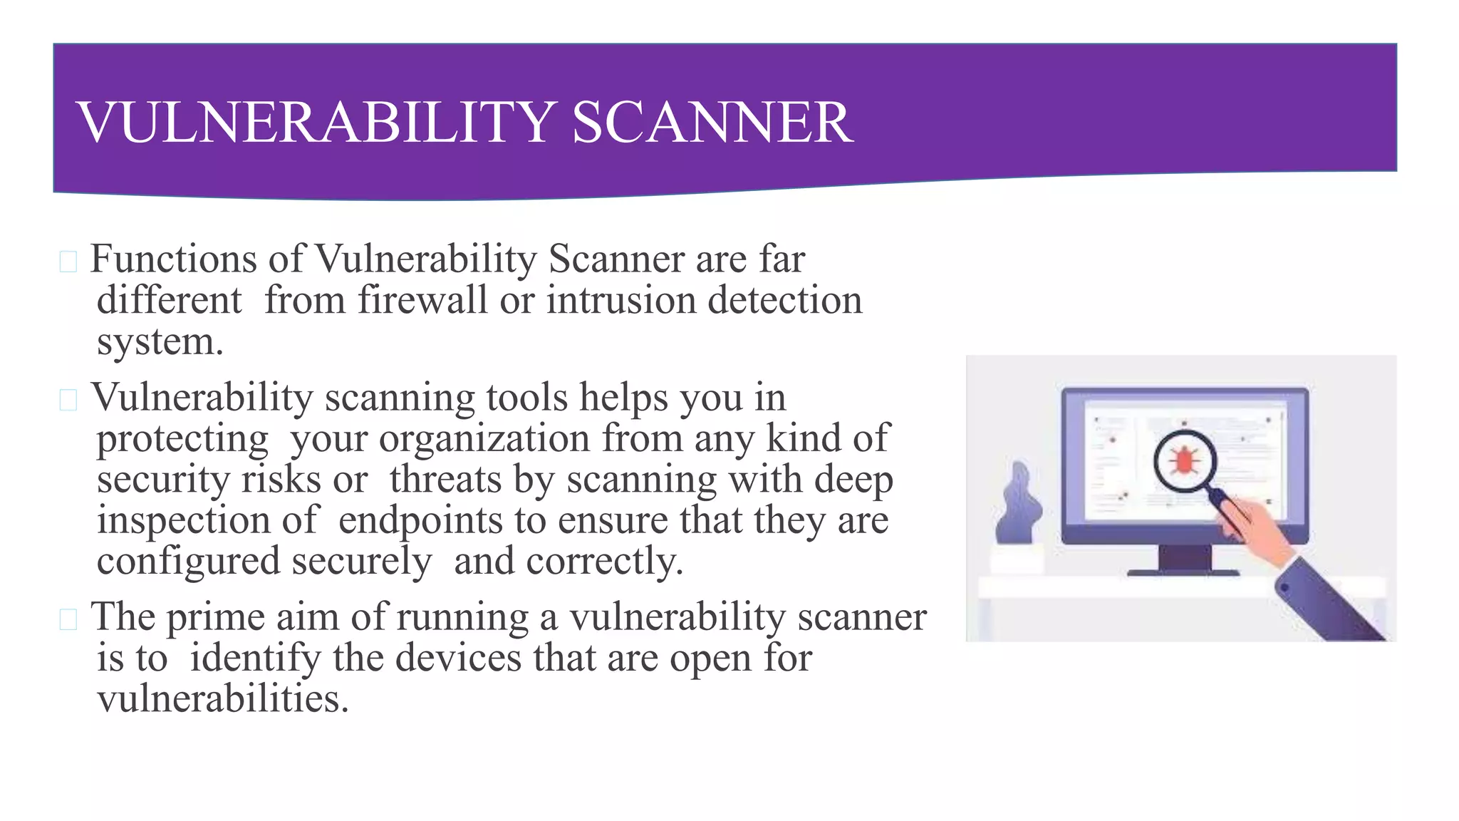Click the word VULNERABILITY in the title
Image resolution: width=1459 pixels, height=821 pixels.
(316, 123)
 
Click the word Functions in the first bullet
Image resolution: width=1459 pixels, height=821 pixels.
(173, 259)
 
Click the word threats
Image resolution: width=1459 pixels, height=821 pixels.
(445, 479)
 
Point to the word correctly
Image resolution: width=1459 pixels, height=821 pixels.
(604, 562)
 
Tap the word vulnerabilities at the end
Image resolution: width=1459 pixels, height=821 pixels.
(222, 699)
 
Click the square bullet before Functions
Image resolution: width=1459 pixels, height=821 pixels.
(68, 262)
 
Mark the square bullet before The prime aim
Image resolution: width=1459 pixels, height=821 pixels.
(68, 620)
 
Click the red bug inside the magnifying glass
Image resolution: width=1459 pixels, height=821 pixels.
(1183, 461)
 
